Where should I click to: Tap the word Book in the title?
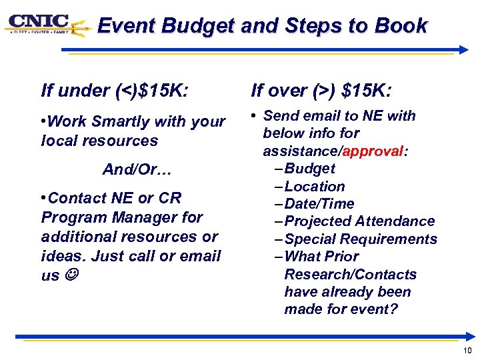[401, 26]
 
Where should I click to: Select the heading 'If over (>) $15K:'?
[321, 90]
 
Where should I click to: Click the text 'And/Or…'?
[137, 170]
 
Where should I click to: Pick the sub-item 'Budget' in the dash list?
[309, 169]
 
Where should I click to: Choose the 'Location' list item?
[314, 187]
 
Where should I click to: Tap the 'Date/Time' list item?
[319, 204]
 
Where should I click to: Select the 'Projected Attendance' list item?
[359, 221]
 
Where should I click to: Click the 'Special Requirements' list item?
[360, 239]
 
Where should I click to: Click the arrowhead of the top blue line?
[463, 49]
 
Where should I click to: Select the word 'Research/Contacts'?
[350, 275]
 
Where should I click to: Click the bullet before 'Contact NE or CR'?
[43, 198]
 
